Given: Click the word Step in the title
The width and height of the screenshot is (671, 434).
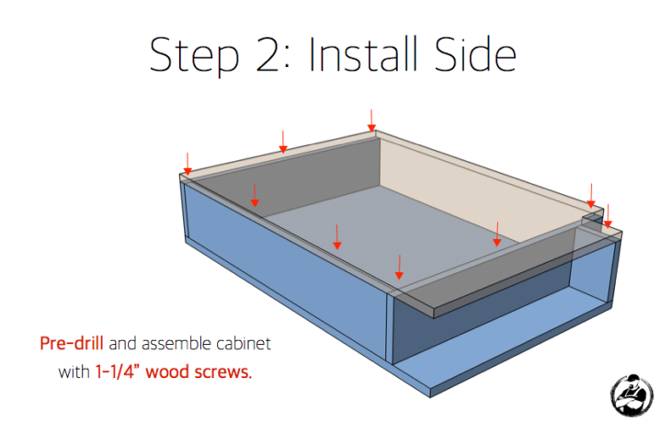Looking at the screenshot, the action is [194, 56].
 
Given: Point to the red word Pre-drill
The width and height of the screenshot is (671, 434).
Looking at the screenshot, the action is [72, 343].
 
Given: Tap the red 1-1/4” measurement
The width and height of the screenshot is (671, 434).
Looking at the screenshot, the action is [118, 371].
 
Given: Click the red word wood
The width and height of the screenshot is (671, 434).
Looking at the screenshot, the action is [167, 372].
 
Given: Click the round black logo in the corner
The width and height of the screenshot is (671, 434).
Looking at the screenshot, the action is [631, 395].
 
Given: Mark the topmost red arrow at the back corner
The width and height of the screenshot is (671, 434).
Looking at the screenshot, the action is [371, 120].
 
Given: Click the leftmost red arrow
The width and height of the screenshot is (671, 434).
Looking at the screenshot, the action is [188, 164].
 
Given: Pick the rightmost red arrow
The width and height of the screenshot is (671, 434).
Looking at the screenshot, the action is [608, 216].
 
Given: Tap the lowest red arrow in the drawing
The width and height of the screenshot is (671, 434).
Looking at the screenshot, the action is [399, 267].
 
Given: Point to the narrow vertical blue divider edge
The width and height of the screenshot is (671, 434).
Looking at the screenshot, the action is [390, 328].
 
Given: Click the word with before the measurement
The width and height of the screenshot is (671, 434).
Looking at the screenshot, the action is [74, 371].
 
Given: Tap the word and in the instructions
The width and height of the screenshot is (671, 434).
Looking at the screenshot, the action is [122, 343].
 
